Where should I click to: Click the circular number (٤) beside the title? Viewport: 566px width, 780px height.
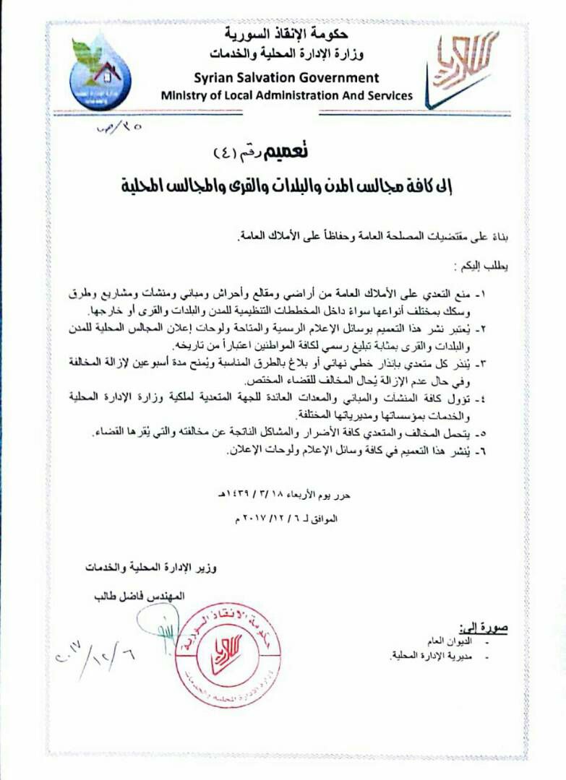pyautogui.click(x=229, y=153)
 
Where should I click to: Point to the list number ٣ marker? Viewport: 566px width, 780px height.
pyautogui.click(x=502, y=360)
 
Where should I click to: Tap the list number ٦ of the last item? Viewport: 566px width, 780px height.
pyautogui.click(x=502, y=451)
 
